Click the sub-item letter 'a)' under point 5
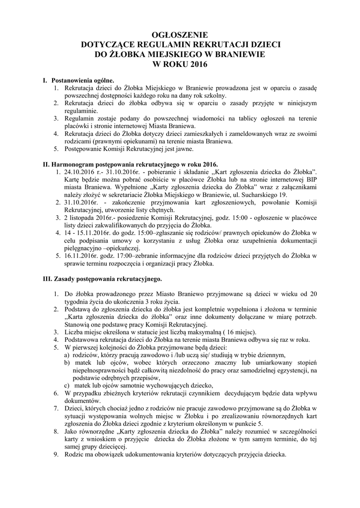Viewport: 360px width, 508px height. click(66, 355)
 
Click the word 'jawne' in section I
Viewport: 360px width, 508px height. click(189, 148)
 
